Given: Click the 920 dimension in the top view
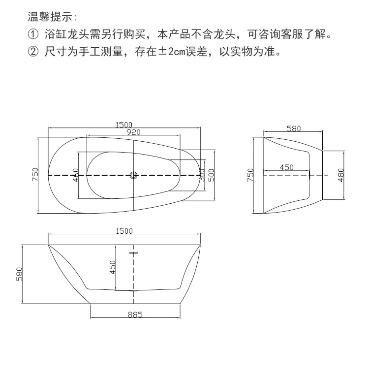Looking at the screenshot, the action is [x=133, y=132].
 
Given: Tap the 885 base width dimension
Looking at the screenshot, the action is [x=135, y=315].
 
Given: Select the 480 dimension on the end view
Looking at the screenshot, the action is [x=341, y=174].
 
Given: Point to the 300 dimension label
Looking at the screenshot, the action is [x=202, y=175].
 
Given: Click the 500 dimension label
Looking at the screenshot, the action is [x=212, y=175].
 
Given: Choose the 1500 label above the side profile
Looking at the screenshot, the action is [x=124, y=231].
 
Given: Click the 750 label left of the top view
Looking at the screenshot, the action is [x=35, y=175].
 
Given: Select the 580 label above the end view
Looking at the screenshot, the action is [x=293, y=128].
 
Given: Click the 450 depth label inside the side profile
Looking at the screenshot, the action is [x=113, y=267].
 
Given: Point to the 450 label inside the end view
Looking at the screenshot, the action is [x=286, y=167].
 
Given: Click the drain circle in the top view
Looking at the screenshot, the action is [x=133, y=175].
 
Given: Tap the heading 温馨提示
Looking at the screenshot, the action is [x=52, y=17].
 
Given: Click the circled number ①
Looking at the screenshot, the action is [x=33, y=35].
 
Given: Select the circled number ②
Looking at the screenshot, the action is [x=33, y=52].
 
